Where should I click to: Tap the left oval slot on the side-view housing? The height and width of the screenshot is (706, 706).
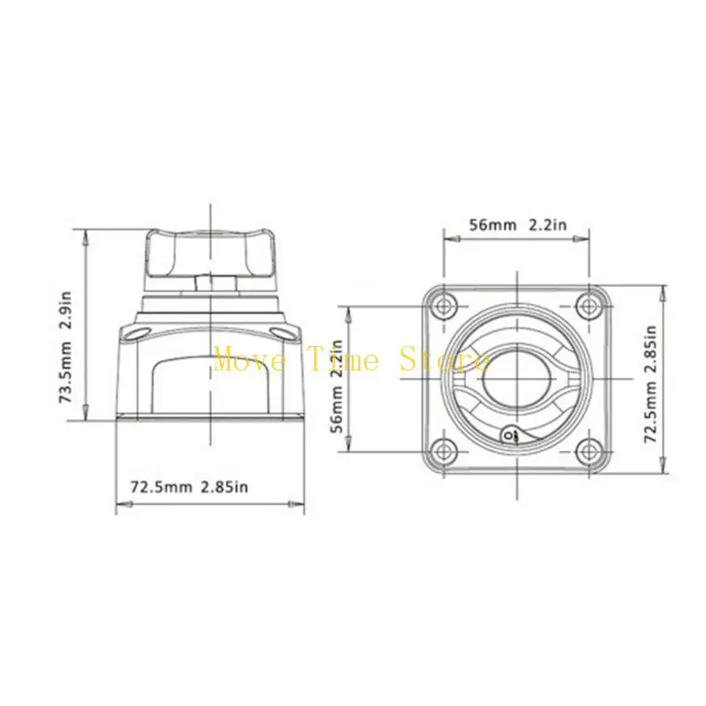138,332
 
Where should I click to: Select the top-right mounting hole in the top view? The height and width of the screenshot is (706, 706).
589,306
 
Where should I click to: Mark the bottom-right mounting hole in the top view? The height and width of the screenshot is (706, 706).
589,451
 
